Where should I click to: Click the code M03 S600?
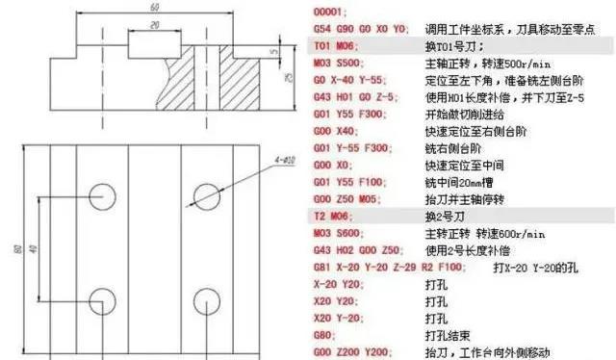click(339, 233)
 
